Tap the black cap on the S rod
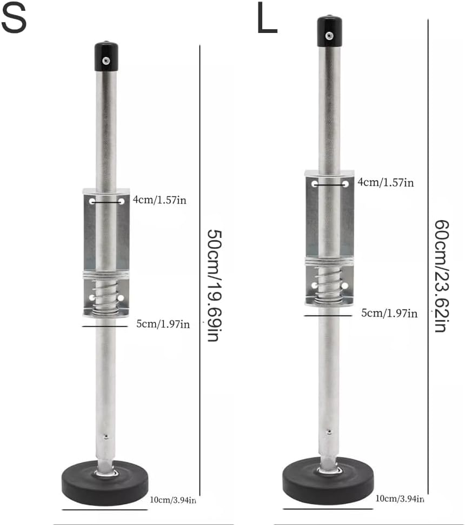107,57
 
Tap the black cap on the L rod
329,31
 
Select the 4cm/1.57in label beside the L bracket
386,183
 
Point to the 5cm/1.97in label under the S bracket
163,324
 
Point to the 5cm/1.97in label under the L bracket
390,313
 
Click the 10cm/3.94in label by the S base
173,500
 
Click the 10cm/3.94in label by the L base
401,498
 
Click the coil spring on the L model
329,284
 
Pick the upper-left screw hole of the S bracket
92,201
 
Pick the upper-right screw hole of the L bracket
345,184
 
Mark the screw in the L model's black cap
329,36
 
